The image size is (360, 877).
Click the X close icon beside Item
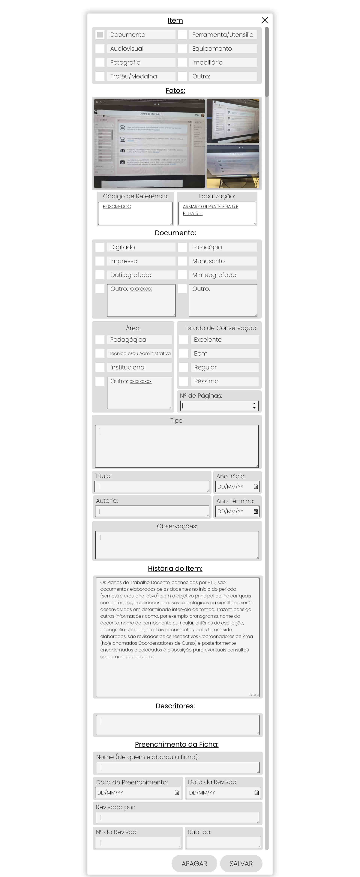(x=265, y=20)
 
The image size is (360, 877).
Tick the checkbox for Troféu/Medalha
(x=100, y=76)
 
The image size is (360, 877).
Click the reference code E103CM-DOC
(x=117, y=207)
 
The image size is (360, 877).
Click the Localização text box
(x=217, y=213)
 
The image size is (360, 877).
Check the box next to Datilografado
(x=100, y=275)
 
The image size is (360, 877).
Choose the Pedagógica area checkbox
(x=100, y=339)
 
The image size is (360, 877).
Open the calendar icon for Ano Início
(x=255, y=487)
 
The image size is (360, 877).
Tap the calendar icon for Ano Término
(x=255, y=511)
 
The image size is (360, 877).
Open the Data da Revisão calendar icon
(x=256, y=793)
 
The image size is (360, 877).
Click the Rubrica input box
(x=224, y=843)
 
